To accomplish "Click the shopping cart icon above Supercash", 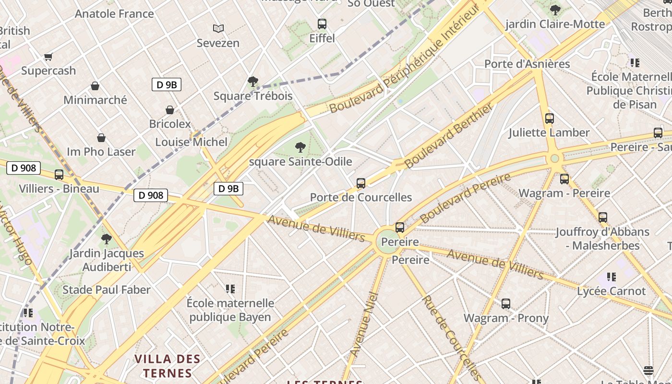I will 48,57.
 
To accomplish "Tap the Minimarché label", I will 95,100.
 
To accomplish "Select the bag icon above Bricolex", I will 169,110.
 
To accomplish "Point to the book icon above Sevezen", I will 218,29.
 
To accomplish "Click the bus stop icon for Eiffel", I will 322,24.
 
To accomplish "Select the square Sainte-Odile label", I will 300,161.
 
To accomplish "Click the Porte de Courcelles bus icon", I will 361,183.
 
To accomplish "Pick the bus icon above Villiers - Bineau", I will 59,175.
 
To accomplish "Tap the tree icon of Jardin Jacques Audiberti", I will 107,239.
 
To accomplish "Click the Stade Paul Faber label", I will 107,289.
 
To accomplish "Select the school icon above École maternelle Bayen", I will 230,288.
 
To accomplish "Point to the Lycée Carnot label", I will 611,291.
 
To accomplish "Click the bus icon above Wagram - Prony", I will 506,303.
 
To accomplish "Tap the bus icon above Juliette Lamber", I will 550,118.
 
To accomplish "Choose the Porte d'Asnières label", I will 527,64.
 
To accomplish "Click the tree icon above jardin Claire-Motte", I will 555,10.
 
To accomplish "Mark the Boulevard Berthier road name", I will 448,136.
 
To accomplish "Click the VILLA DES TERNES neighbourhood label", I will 167,366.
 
